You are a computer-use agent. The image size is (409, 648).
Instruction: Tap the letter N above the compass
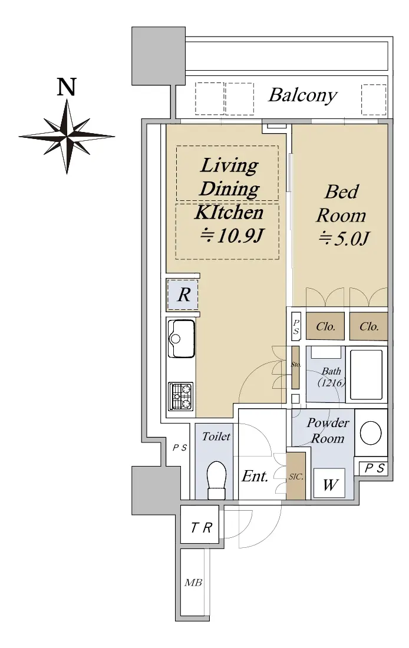click(67, 87)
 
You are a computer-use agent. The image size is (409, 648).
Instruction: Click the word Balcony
click(303, 95)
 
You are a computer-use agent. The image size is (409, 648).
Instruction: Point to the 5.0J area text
click(344, 239)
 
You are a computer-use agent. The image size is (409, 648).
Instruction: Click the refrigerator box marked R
click(182, 295)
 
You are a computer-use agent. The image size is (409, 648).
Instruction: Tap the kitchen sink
click(181, 338)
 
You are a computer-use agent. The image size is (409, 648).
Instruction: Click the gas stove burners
click(181, 396)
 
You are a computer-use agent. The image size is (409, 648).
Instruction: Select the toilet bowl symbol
click(216, 480)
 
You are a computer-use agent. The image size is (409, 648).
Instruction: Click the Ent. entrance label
click(255, 476)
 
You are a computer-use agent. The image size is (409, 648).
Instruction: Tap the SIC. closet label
click(296, 477)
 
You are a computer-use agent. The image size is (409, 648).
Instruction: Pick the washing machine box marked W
click(329, 483)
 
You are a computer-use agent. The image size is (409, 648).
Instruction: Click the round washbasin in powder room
click(371, 433)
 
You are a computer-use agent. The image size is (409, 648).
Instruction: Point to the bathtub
click(366, 375)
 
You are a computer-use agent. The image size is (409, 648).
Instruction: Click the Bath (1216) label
click(332, 377)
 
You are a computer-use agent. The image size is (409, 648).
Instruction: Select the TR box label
click(202, 527)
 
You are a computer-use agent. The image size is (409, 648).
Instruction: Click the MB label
click(193, 583)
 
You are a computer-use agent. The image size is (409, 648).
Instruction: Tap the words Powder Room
click(328, 430)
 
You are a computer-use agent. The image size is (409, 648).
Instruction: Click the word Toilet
click(216, 437)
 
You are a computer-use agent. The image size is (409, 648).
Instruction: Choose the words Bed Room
click(342, 203)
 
